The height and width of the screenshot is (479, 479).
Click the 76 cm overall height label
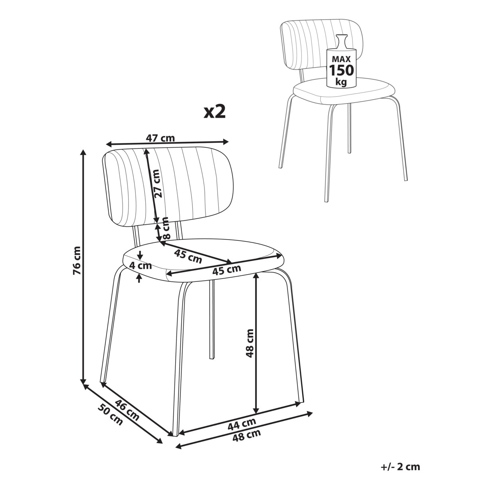[77, 261]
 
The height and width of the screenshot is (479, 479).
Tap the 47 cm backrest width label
[160, 138]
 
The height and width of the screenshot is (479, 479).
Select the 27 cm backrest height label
[158, 183]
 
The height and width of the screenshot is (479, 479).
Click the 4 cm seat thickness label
[141, 266]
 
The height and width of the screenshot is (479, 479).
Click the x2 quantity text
[214, 112]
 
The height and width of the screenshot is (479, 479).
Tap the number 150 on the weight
[341, 70]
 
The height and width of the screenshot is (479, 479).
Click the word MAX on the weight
[341, 59]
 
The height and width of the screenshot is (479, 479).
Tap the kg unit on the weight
[341, 82]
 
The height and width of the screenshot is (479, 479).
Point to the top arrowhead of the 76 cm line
[83, 152]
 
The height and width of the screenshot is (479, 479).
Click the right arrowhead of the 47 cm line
[225, 141]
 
